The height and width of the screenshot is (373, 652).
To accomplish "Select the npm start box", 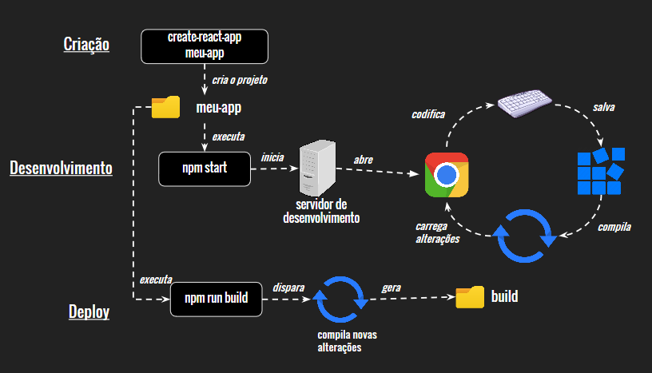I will coord(205,168).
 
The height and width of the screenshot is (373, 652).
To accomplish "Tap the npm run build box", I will coord(216,299).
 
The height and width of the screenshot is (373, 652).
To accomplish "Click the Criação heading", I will coord(86,44).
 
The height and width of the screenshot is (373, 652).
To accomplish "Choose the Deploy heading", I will coord(89,311).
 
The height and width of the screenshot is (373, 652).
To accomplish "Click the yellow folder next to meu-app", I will coord(165,107).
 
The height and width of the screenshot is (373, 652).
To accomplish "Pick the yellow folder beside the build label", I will coord(470,297).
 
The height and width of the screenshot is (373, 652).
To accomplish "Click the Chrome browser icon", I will coord(447,174).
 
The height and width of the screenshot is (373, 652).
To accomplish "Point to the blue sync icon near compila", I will coord(524,236).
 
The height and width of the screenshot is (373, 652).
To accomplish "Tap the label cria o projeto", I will coord(240,80).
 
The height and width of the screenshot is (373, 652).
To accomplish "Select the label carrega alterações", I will coord(438,232).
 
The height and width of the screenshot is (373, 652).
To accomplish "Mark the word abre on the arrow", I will coord(364,160).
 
